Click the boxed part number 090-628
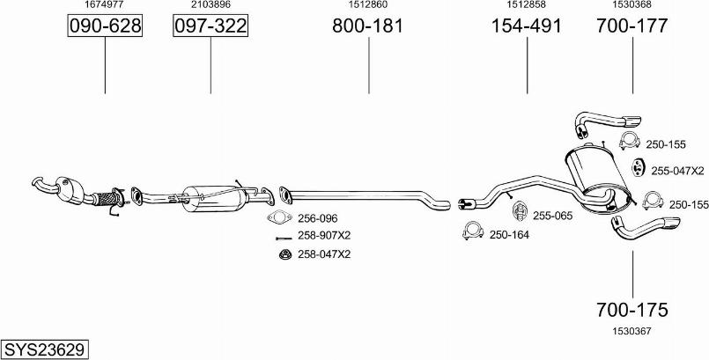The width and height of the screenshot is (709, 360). coord(105,26)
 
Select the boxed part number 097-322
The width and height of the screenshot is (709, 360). coord(210,26)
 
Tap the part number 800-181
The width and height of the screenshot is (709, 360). coord(367,26)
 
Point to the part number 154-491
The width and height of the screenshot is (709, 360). coord(527,26)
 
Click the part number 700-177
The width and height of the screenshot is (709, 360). coord(631,26)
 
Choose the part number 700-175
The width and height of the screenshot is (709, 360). coord(631,310)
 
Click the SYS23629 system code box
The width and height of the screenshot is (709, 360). coord(44,349)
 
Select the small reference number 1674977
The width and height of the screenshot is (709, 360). coord(105,4)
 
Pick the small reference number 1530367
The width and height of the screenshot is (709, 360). coord(631,331)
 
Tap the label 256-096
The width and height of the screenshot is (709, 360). coord(317,218)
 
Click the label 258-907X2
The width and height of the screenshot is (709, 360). coord(324,235)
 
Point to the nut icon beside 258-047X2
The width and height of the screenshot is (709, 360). coord(284,254)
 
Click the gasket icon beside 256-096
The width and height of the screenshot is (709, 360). coord(279,217)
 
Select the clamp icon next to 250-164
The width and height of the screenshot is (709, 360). coord(473,231)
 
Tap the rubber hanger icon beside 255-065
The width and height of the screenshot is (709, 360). coord(520,211)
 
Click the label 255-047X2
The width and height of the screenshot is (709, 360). coord(677,171)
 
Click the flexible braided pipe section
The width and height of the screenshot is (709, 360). coord(107,199)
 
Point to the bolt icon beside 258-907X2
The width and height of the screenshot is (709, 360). coord(284,238)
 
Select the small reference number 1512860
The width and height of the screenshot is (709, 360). coord(367,4)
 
